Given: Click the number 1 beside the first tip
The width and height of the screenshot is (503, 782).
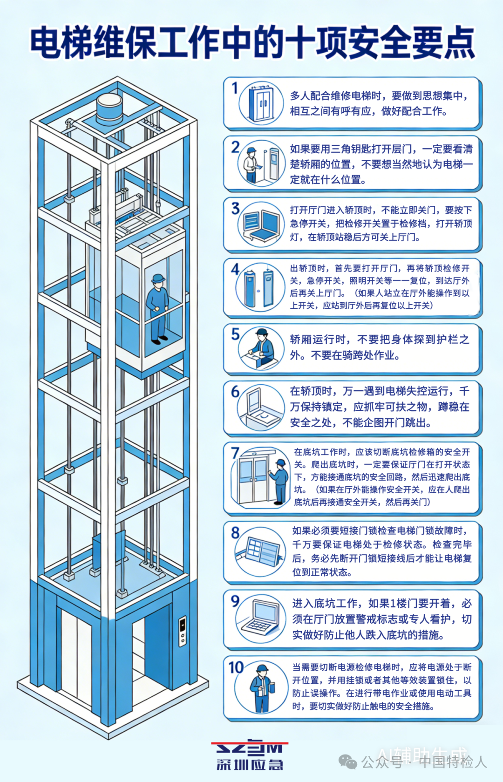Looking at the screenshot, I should (x=235, y=88).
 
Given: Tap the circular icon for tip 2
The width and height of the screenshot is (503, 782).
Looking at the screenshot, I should (x=261, y=163).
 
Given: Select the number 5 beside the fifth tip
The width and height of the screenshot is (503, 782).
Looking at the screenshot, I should (x=235, y=334).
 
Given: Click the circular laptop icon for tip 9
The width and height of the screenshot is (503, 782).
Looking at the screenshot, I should (x=261, y=619).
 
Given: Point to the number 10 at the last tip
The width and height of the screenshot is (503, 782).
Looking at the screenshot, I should (x=236, y=667).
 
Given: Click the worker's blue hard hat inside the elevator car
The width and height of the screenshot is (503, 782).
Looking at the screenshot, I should (x=158, y=278).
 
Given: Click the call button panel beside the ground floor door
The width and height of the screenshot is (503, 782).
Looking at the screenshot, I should (x=183, y=631).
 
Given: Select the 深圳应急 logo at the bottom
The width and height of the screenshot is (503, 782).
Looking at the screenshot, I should (x=250, y=755).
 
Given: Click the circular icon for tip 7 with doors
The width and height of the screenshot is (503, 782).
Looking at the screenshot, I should (x=261, y=478).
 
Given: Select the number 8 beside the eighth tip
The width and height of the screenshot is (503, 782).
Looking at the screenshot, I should (x=235, y=532).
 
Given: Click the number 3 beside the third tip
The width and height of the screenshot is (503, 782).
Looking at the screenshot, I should (x=235, y=208).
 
